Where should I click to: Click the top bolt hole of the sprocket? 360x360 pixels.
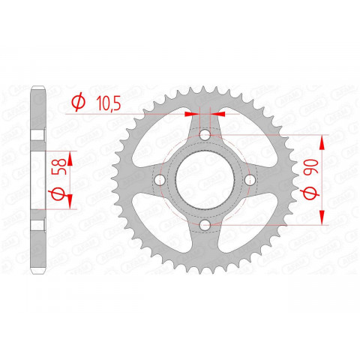[x=204, y=135]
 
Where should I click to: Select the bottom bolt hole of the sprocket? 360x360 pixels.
[x=204, y=225]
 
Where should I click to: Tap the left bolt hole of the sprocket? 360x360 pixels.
[x=159, y=180]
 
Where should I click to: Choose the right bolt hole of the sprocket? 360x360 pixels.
[x=249, y=180]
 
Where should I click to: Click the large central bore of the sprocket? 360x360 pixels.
[x=204, y=180]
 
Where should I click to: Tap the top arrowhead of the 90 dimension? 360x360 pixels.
[x=324, y=141]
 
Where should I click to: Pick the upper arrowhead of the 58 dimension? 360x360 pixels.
[x=72, y=157]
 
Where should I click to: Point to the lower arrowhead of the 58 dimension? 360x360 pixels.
[x=72, y=202]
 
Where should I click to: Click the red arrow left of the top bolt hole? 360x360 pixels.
[x=191, y=114]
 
